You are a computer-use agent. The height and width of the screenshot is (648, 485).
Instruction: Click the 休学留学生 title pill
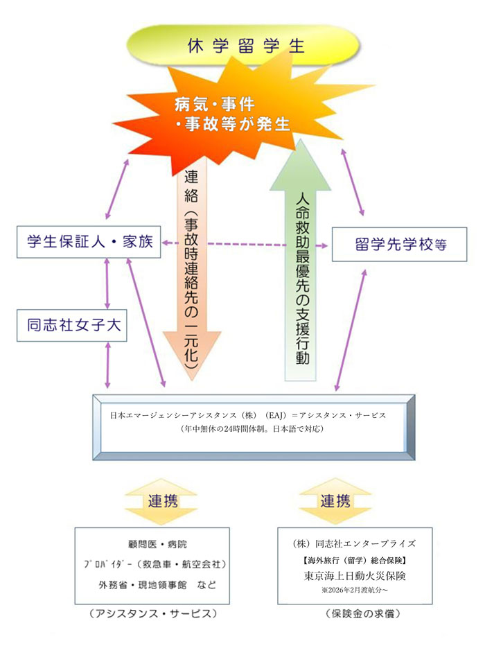click(245, 45)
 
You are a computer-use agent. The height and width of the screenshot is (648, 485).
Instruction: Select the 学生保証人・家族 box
click(88, 241)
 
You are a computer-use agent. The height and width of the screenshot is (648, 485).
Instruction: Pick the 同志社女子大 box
click(71, 326)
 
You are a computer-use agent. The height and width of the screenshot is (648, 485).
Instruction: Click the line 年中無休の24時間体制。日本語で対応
click(247, 429)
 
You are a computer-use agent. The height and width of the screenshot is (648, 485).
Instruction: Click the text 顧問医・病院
click(153, 545)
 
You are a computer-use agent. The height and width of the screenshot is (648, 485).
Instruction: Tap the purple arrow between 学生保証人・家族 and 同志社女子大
click(107, 284)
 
